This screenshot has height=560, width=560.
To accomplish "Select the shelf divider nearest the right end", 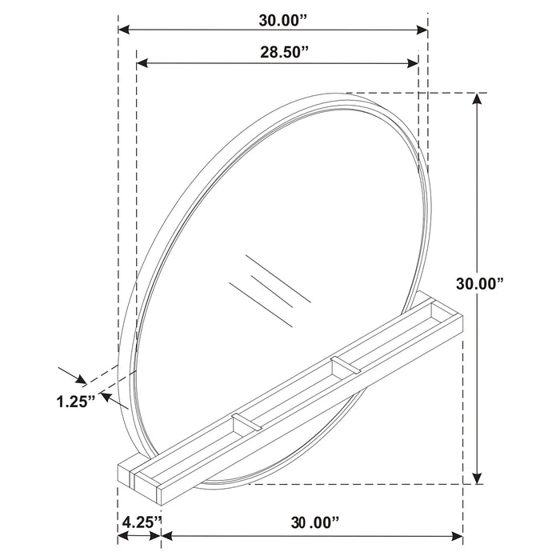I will pyautogui.click(x=345, y=366).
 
